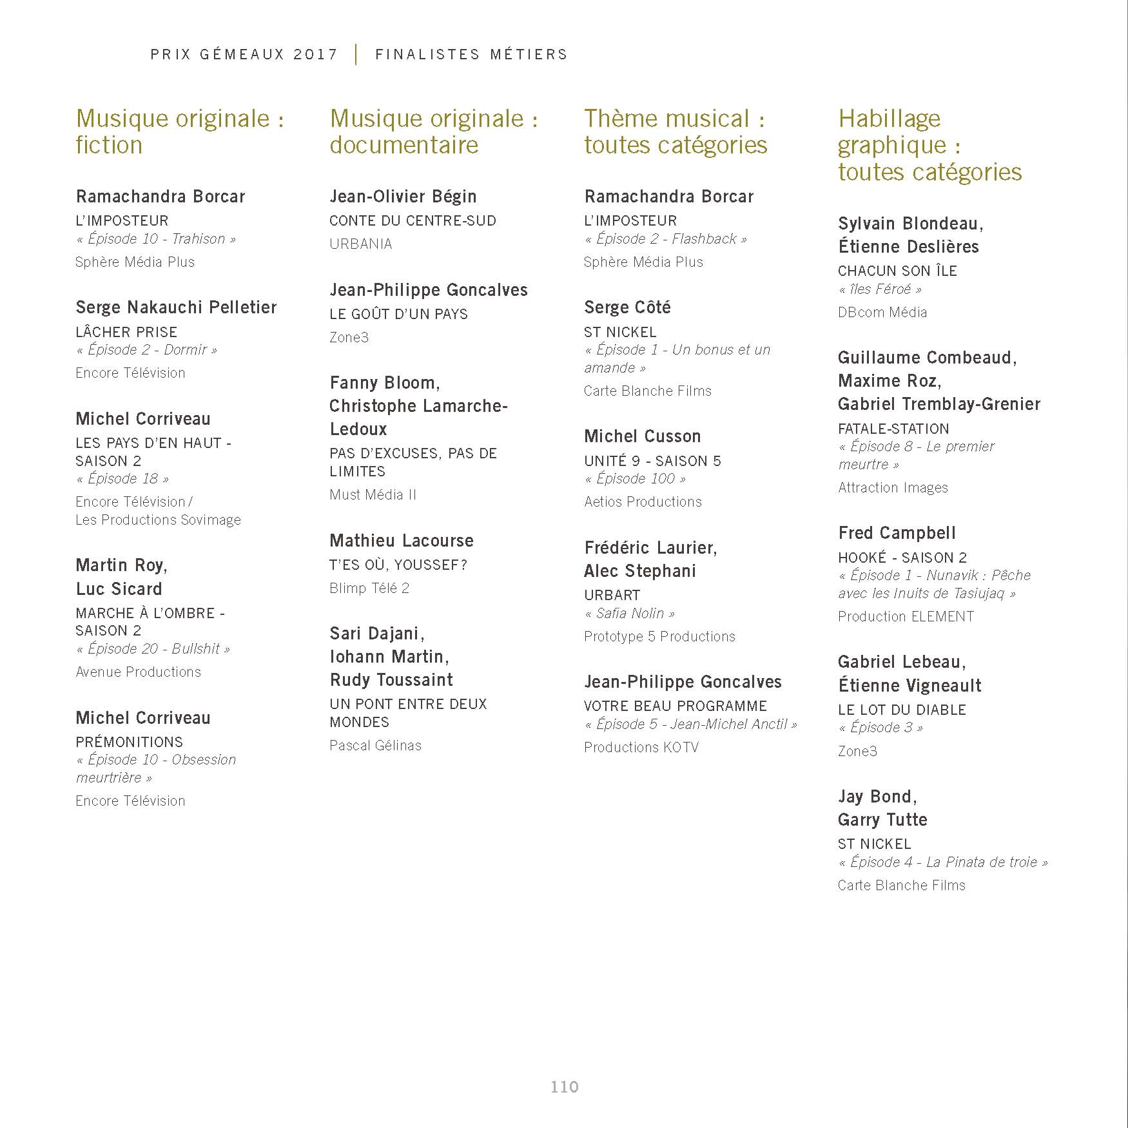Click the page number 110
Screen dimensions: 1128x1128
coord(564,1087)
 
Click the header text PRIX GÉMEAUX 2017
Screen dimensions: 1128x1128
coord(244,54)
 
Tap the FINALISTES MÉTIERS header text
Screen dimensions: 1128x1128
coord(471,54)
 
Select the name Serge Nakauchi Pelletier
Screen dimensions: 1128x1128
coord(176,307)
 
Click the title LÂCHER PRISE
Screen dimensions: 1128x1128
coord(126,332)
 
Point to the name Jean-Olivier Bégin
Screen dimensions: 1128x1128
coord(403,197)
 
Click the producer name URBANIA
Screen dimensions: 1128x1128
coord(360,244)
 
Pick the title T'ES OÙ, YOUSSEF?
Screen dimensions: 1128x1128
coord(398,565)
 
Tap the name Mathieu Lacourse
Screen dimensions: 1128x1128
coord(401,541)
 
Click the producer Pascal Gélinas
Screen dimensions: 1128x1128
coord(375,745)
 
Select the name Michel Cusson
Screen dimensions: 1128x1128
coord(642,436)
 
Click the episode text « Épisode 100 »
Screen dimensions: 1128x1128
coord(635,478)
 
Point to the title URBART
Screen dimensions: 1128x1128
coord(612,595)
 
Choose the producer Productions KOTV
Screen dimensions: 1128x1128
coord(641,747)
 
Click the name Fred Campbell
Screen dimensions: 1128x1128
coord(897,533)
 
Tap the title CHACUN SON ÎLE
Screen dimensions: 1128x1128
coord(897,271)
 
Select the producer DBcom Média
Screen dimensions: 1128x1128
coord(882,312)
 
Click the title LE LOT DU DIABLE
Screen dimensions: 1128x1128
coord(902,710)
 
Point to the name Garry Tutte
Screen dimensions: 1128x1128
coord(882,820)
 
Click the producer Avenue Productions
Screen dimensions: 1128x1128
coord(138,672)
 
